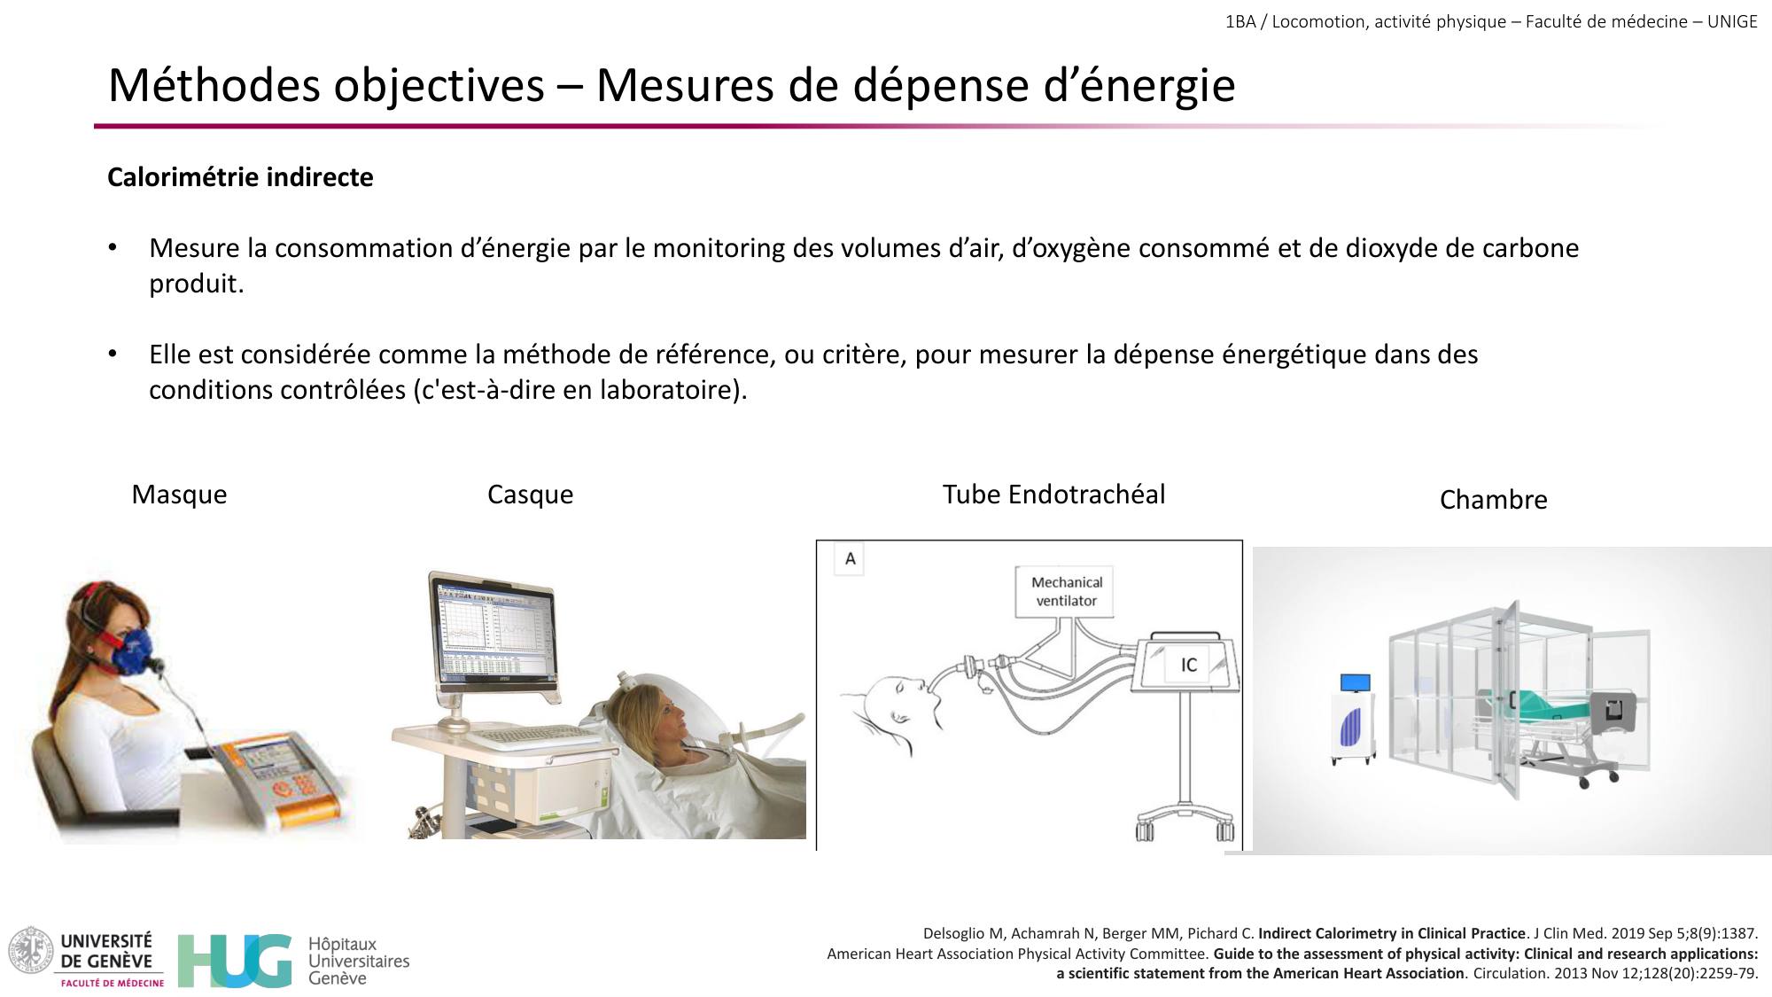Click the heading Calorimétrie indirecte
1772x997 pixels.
tap(240, 177)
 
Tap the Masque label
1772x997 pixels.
tap(179, 495)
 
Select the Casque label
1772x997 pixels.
tap(530, 495)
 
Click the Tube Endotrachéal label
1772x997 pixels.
tap(1053, 495)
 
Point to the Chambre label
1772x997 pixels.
tap(1493, 500)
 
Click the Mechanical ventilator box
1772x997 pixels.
tap(1066, 591)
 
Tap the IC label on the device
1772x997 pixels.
tap(1188, 665)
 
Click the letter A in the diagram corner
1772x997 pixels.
tap(850, 559)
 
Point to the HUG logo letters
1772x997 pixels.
tap(235, 960)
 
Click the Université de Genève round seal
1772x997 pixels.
tap(31, 950)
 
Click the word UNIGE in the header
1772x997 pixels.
tap(1732, 21)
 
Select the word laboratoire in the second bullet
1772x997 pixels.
tap(668, 390)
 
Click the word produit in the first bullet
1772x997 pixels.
tap(196, 284)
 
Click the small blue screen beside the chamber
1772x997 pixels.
tap(1355, 682)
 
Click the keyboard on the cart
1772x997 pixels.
tap(529, 735)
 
